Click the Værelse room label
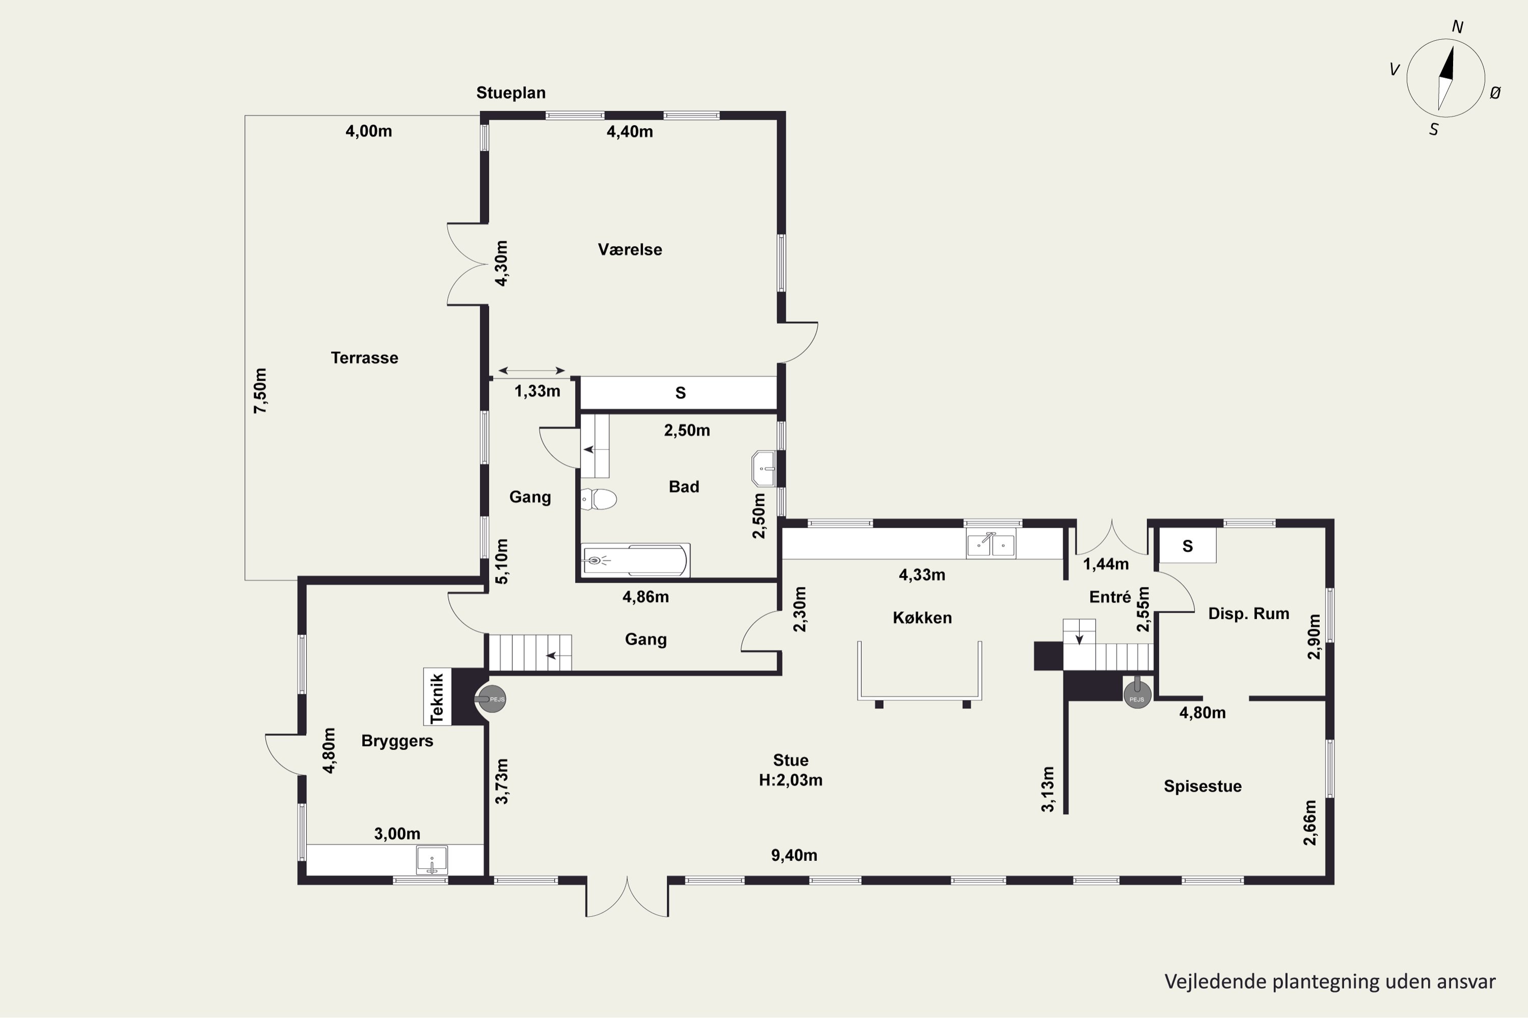pos(630,249)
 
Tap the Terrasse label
pos(365,358)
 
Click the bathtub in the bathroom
pos(635,559)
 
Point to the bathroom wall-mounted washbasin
pos(763,469)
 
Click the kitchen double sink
pos(991,544)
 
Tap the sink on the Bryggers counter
pos(431,860)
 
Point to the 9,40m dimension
pos(794,855)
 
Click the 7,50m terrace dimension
pos(260,391)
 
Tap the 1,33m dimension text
pos(537,391)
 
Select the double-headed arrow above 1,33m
pos(531,371)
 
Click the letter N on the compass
pos(1457,26)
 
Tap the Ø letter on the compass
pos(1495,93)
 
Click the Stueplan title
pos(511,93)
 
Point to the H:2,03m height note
pos(790,780)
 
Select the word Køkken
pos(922,617)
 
